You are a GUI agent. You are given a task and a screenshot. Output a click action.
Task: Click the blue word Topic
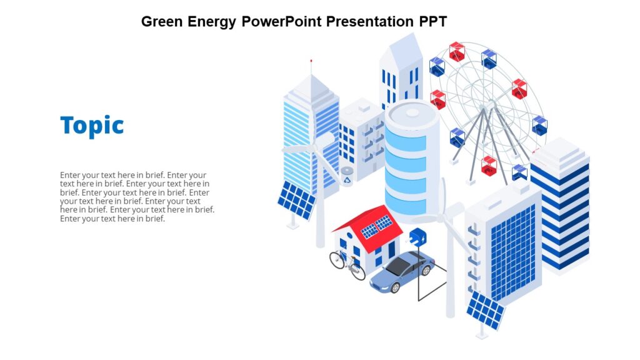click(92, 126)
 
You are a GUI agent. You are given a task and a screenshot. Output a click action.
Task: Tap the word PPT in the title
click(432, 21)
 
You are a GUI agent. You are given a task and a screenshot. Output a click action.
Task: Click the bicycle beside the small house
click(347, 264)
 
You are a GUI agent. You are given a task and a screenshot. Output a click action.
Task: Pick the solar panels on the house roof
click(377, 226)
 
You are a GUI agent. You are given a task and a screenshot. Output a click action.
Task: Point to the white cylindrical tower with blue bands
click(411, 159)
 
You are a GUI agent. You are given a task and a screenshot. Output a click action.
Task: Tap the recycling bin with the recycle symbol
click(347, 176)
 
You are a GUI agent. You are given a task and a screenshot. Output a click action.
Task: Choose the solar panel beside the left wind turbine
click(296, 200)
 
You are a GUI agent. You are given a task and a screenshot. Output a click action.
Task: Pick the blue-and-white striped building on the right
click(560, 206)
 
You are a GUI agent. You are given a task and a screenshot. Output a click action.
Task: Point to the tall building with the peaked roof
click(400, 72)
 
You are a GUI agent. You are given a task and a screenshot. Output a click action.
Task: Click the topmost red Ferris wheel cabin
click(457, 51)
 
